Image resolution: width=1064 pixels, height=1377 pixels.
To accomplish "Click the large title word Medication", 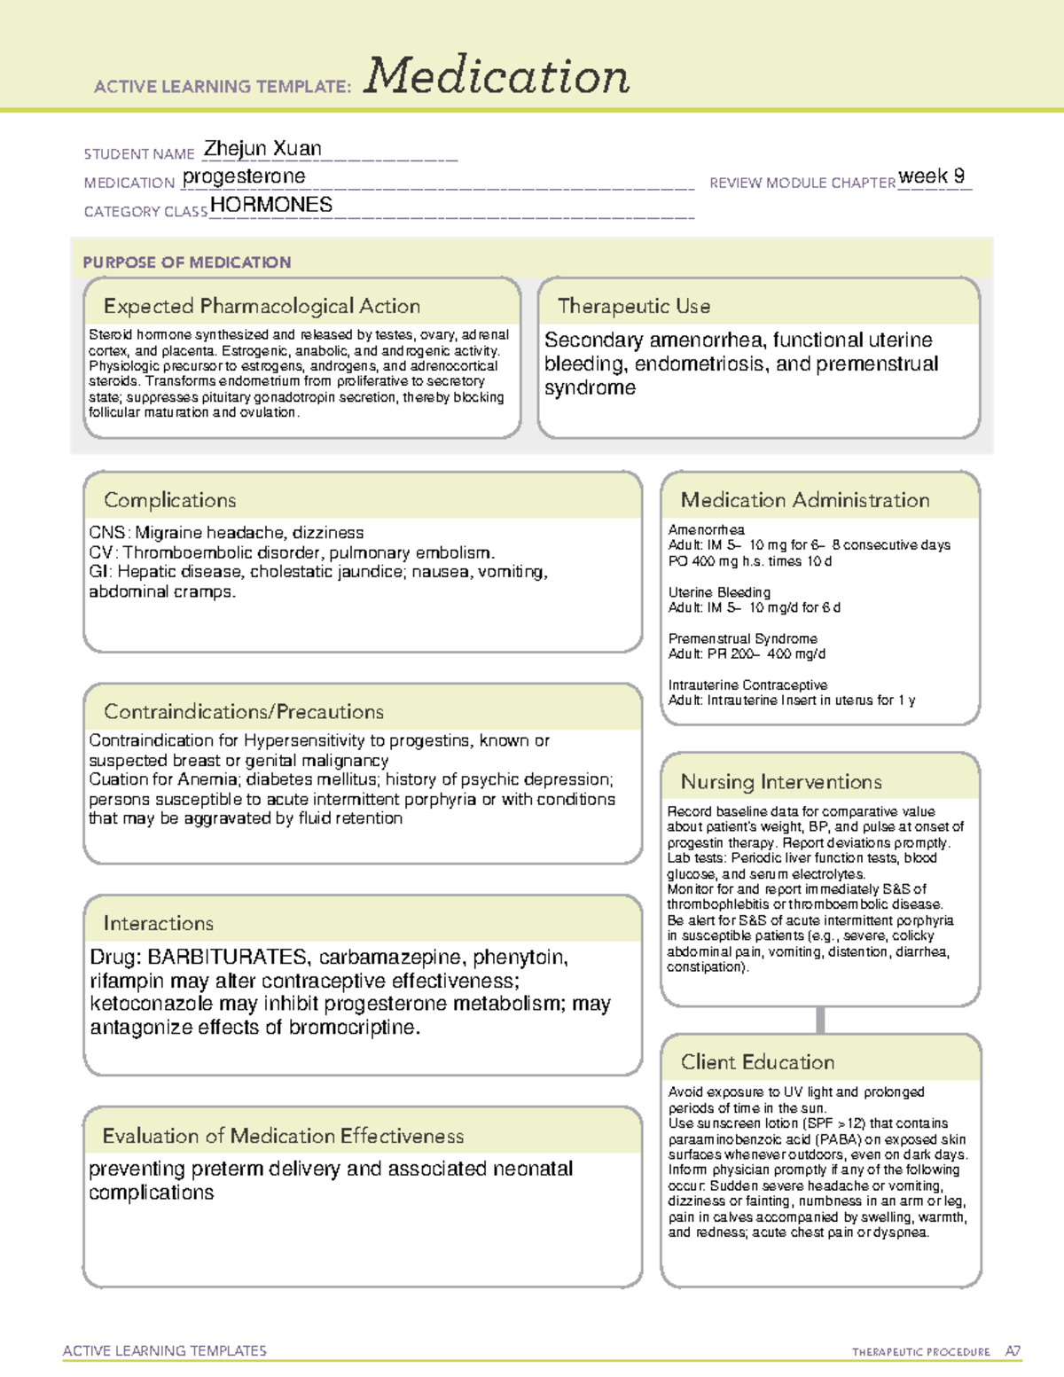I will tap(497, 76).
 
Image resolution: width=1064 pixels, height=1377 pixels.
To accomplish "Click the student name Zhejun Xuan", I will tap(262, 149).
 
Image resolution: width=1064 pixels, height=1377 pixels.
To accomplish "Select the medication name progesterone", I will tap(244, 176).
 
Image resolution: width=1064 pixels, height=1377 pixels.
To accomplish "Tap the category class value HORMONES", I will tap(271, 205).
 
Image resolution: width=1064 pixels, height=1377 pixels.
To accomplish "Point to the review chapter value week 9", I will tap(931, 176).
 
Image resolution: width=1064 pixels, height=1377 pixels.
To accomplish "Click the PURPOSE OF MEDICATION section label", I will tap(186, 262).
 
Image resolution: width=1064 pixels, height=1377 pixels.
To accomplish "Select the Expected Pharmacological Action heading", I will tap(262, 307).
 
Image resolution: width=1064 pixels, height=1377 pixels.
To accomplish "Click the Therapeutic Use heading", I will tap(633, 307).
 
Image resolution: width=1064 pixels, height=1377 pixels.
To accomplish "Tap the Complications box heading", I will tap(169, 501).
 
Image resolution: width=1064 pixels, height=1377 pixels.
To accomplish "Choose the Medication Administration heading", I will tap(804, 501).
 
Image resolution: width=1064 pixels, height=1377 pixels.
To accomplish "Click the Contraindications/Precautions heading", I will tap(243, 712).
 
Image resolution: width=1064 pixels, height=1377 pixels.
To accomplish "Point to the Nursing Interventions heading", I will tap(780, 782).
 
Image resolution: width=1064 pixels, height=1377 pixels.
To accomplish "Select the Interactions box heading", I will tap(158, 924).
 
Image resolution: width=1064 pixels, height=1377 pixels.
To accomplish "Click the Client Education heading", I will tap(757, 1062).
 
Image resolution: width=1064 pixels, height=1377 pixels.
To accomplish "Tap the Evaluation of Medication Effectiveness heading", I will tap(283, 1137).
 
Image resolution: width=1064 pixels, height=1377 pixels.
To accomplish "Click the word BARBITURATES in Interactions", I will tap(227, 958).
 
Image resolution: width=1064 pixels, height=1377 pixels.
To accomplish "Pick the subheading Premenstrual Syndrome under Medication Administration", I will tap(742, 638).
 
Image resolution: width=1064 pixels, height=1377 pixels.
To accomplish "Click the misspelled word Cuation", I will tap(115, 779).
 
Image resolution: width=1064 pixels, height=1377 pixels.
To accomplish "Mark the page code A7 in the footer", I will tap(1012, 1351).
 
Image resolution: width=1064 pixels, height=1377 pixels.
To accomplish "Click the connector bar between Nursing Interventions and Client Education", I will tap(820, 1020).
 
